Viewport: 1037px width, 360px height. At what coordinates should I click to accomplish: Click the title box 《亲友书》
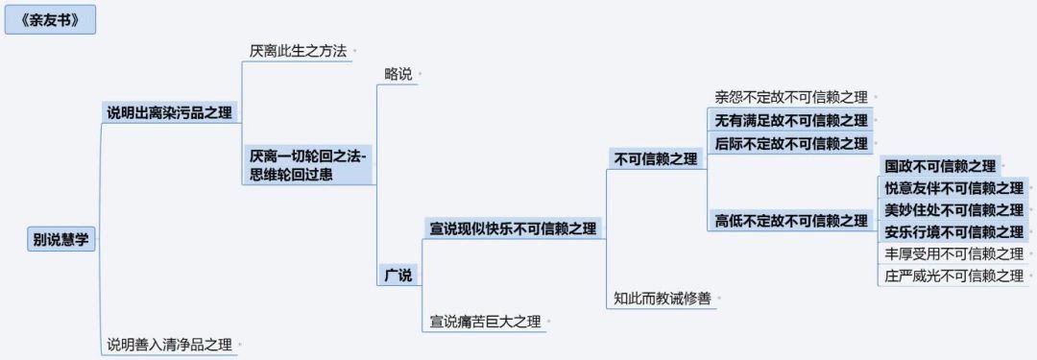pos(50,20)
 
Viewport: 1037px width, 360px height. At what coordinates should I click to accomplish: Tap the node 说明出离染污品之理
pos(170,112)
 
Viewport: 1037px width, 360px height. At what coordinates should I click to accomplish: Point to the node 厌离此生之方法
pos(298,51)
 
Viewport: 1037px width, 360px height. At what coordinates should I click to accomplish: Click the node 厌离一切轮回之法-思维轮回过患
pos(309,165)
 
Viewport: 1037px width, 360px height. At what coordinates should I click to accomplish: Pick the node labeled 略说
pos(398,74)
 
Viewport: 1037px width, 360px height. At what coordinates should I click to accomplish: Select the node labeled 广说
pos(398,275)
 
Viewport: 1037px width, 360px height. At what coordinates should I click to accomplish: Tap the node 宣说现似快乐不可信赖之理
pos(513,229)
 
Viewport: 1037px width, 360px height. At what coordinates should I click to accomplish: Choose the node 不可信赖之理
pos(656,159)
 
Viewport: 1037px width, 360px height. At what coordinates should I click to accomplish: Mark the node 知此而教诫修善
pos(662,300)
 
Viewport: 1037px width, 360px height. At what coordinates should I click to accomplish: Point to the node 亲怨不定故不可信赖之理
pos(791,97)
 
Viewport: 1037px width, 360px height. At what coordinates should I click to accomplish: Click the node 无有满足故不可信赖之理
pos(791,120)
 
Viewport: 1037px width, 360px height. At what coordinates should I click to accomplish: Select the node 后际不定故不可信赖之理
pos(791,144)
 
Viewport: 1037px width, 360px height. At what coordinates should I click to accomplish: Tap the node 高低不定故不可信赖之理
pos(791,221)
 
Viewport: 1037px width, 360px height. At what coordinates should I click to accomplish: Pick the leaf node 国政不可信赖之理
pos(940,166)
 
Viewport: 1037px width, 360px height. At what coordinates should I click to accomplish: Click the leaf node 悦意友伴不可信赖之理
pos(954,188)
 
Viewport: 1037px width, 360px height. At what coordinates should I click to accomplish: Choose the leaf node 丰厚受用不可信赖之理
pos(954,253)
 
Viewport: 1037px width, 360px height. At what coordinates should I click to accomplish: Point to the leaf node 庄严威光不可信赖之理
pos(954,276)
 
